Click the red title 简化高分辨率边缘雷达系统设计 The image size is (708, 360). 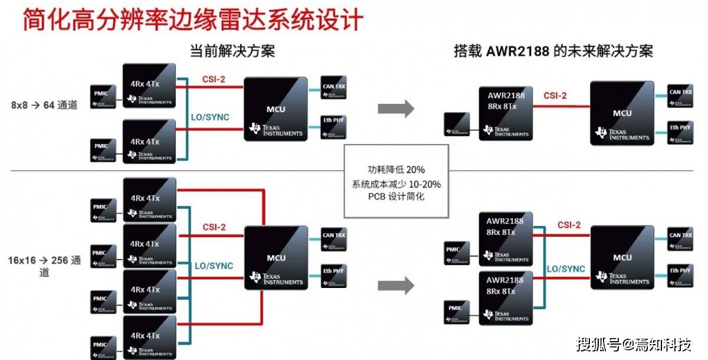click(x=192, y=19)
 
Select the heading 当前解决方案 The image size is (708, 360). click(x=232, y=51)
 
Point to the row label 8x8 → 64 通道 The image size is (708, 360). click(x=44, y=105)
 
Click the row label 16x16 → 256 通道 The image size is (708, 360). click(x=45, y=266)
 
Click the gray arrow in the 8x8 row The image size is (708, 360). click(x=396, y=108)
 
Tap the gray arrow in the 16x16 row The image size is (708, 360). click(x=396, y=286)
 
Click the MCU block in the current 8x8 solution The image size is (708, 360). click(x=276, y=109)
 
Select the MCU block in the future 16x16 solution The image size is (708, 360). click(x=622, y=257)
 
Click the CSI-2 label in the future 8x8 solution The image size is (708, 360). click(x=555, y=96)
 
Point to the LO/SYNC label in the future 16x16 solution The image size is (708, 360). click(x=566, y=269)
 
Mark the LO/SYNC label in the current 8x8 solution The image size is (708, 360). click(x=209, y=117)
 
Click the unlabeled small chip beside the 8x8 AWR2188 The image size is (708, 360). click(x=457, y=124)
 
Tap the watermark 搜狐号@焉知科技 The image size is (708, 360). click(x=634, y=344)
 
